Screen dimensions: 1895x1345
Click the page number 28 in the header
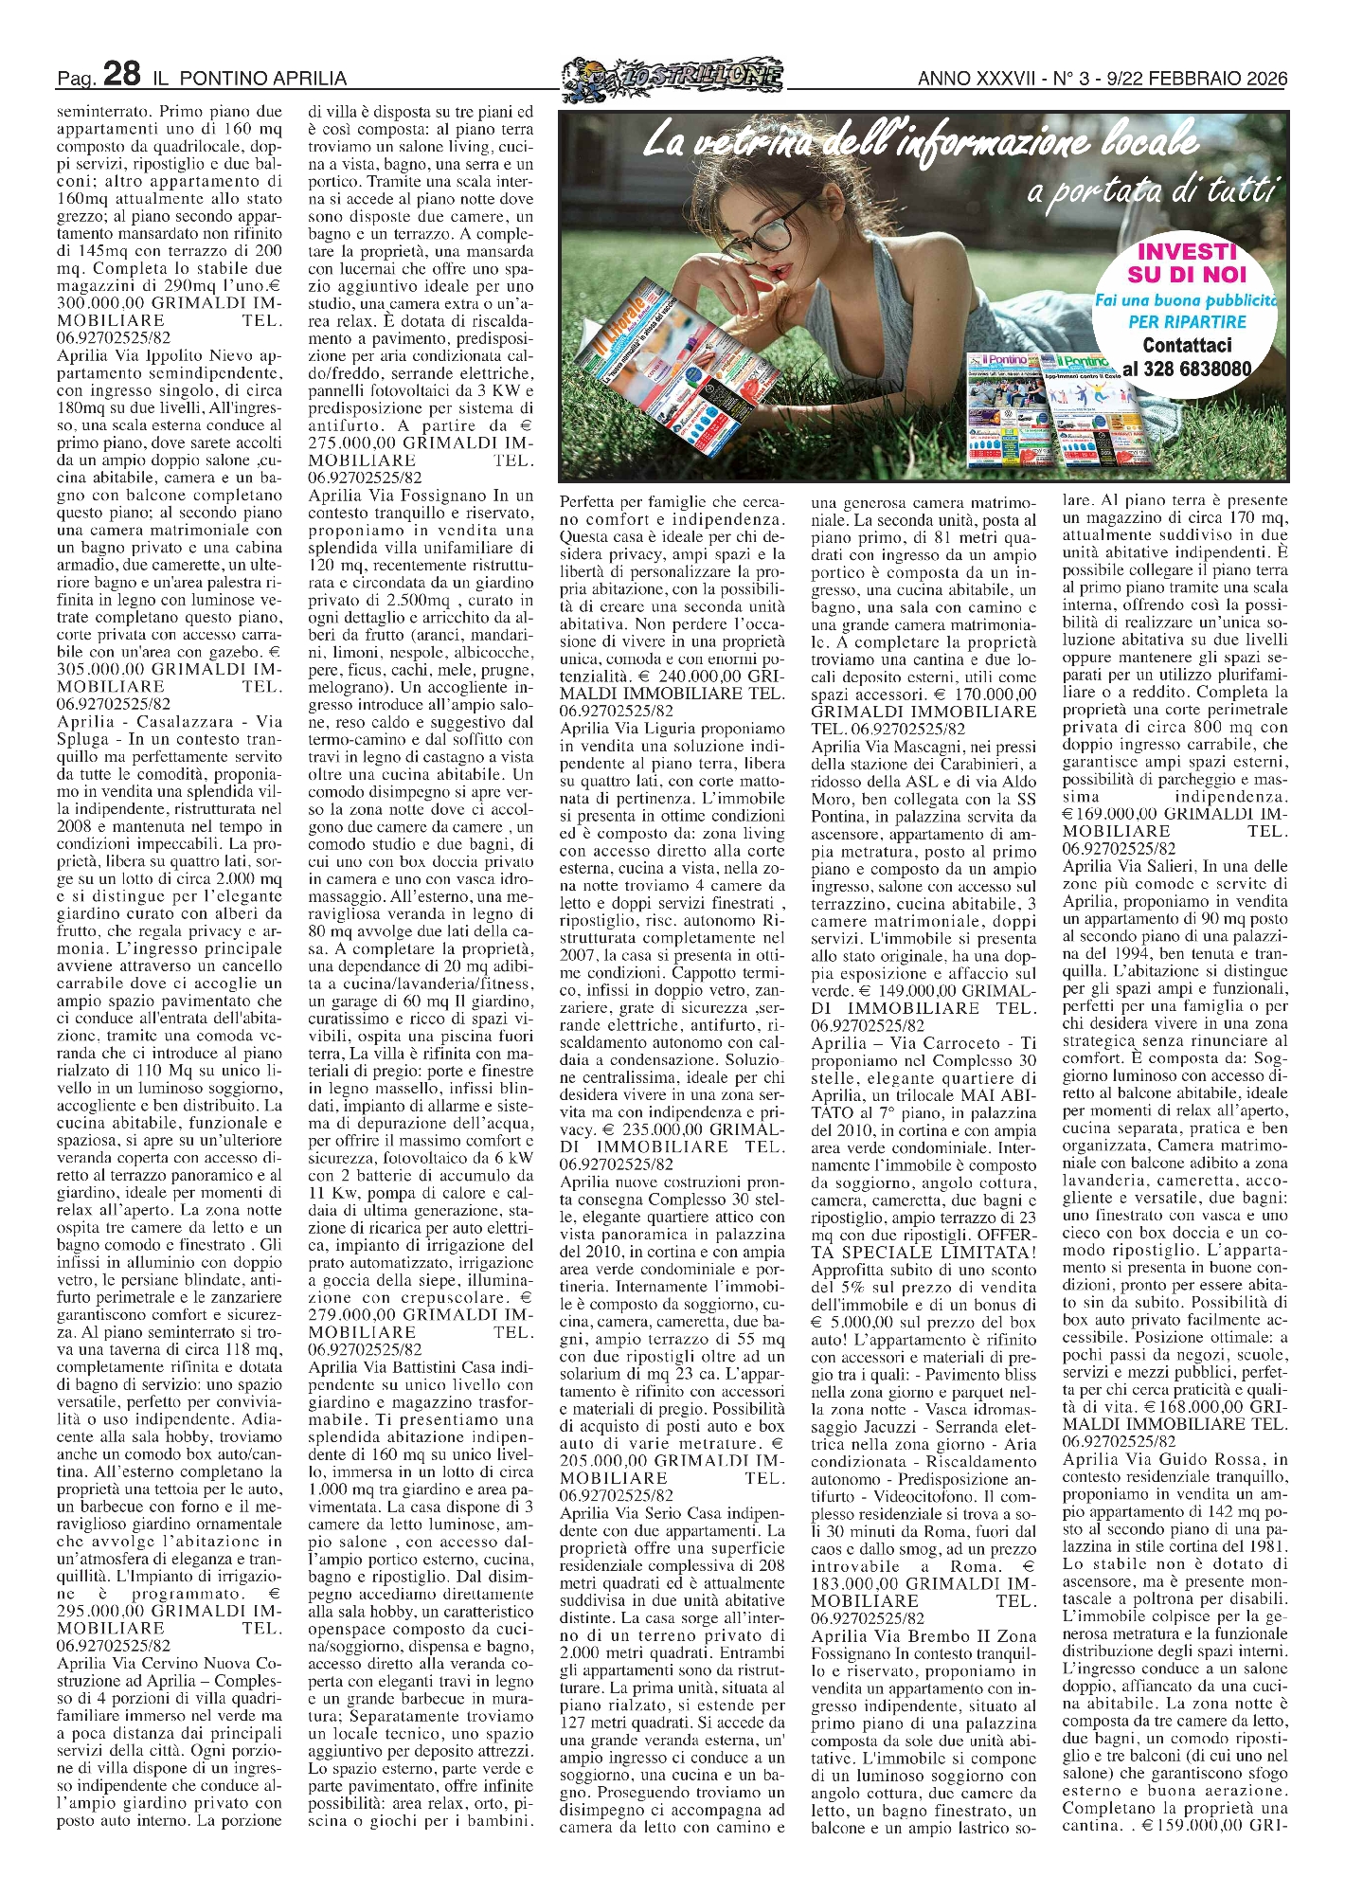point(121,74)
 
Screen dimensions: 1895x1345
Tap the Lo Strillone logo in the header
point(672,75)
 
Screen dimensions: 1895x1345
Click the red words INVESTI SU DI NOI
point(1187,263)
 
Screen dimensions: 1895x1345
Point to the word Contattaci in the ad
point(1187,346)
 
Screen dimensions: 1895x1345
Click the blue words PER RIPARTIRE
point(1187,322)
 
